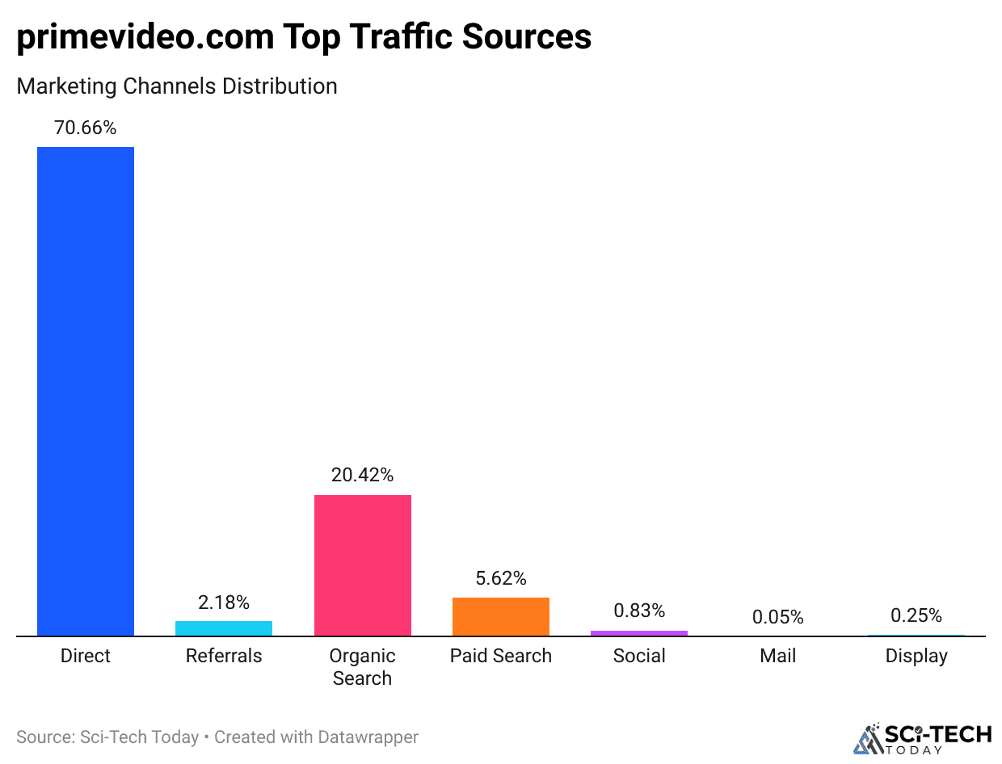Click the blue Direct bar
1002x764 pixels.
point(86,392)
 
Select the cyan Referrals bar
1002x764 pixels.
point(224,628)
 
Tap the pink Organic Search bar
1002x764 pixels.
point(362,565)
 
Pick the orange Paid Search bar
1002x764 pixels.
point(501,617)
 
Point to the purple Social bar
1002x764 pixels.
point(639,633)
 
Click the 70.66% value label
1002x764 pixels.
point(86,128)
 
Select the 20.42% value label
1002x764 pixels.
point(362,476)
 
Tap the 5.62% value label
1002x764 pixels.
point(501,578)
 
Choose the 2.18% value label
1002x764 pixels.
point(224,602)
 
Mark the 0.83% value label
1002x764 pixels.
point(639,611)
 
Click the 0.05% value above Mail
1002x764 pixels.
point(778,617)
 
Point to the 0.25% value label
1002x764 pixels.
point(916,615)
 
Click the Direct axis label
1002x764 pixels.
point(86,656)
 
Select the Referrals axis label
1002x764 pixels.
point(224,656)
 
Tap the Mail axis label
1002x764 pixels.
point(778,656)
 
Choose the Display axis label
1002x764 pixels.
point(916,656)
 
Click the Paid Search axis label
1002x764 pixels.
point(501,656)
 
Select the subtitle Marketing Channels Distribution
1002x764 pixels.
point(177,86)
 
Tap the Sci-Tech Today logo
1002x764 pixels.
point(923,737)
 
